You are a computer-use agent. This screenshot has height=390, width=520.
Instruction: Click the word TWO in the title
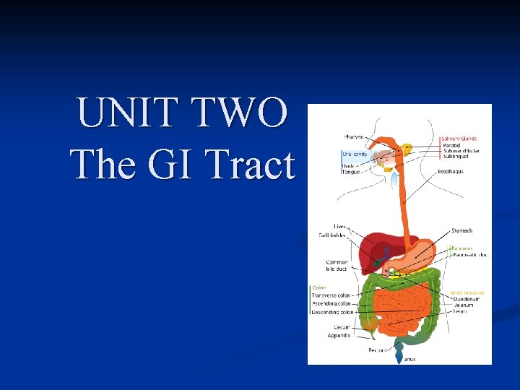243,114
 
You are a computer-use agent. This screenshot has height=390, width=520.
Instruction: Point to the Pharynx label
354,136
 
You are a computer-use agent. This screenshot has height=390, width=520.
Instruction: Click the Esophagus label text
450,172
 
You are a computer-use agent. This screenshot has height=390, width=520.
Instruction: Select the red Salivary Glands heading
459,138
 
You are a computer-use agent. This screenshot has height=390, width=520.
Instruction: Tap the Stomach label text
461,230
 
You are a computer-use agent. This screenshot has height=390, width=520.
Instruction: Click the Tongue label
351,171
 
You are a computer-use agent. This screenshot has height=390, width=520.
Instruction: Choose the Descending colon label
332,312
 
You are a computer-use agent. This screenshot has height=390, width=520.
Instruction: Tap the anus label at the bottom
409,359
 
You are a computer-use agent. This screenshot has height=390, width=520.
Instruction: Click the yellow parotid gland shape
408,148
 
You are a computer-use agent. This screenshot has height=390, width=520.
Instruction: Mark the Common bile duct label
337,265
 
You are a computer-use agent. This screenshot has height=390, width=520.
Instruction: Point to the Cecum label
342,327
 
